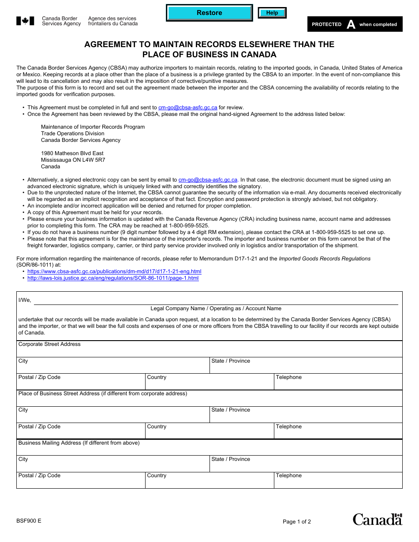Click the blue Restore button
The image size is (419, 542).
click(209, 13)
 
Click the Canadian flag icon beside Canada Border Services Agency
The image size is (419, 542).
click(25, 21)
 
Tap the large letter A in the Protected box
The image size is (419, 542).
click(351, 25)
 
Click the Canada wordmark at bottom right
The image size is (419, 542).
click(377, 520)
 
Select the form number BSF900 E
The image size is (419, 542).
click(29, 521)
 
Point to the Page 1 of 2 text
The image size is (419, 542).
click(297, 522)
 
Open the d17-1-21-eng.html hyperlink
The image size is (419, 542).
click(114, 272)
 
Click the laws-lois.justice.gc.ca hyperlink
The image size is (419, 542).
click(113, 278)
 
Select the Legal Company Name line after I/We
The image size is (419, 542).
click(216, 301)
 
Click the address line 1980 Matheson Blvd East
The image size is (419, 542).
click(72, 153)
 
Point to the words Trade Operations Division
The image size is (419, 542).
click(73, 134)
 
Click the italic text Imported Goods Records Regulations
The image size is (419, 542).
click(325, 259)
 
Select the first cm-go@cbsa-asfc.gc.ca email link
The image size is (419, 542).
click(188, 108)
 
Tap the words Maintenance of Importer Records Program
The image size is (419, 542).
click(93, 127)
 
